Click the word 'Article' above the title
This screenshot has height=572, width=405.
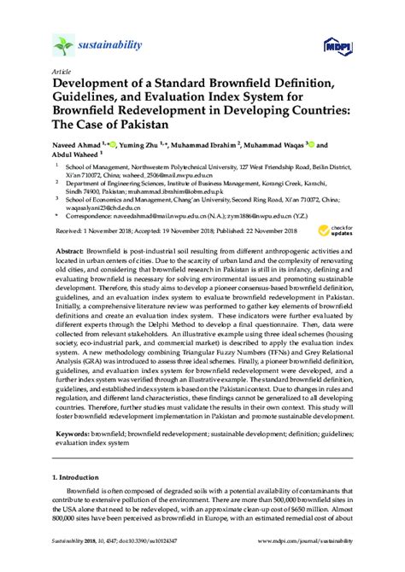[x=62, y=72]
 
